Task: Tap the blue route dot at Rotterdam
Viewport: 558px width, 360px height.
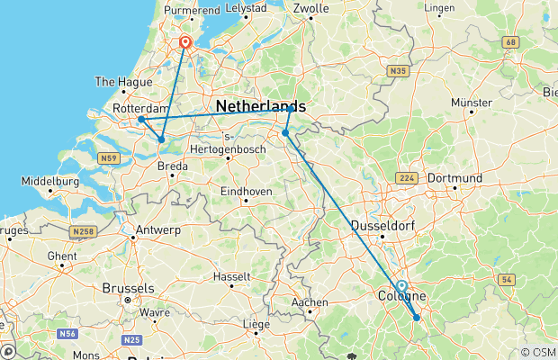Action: pyautogui.click(x=141, y=119)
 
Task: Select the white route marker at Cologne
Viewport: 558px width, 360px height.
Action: pyautogui.click(x=401, y=286)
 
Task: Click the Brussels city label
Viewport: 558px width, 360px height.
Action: pyautogui.click(x=130, y=289)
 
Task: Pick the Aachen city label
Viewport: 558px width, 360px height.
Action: pyautogui.click(x=310, y=302)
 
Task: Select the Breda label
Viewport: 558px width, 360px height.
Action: pyautogui.click(x=173, y=166)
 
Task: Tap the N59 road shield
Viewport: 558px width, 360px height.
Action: pyautogui.click(x=110, y=158)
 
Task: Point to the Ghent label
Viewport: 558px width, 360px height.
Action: pyautogui.click(x=62, y=256)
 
